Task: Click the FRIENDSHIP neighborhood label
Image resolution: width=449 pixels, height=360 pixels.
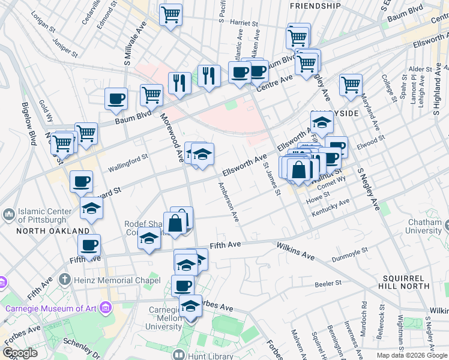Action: click(x=315, y=5)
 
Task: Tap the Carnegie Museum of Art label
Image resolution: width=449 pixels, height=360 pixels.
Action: click(x=50, y=309)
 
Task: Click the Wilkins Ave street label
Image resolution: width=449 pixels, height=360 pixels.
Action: click(x=296, y=251)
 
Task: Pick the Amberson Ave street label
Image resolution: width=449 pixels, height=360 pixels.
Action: click(x=229, y=202)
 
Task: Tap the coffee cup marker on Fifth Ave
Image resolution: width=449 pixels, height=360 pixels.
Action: click(x=89, y=245)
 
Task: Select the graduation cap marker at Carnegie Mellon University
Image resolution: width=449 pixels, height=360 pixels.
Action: click(x=191, y=306)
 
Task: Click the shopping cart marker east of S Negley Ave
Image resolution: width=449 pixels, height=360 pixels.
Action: click(x=351, y=85)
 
